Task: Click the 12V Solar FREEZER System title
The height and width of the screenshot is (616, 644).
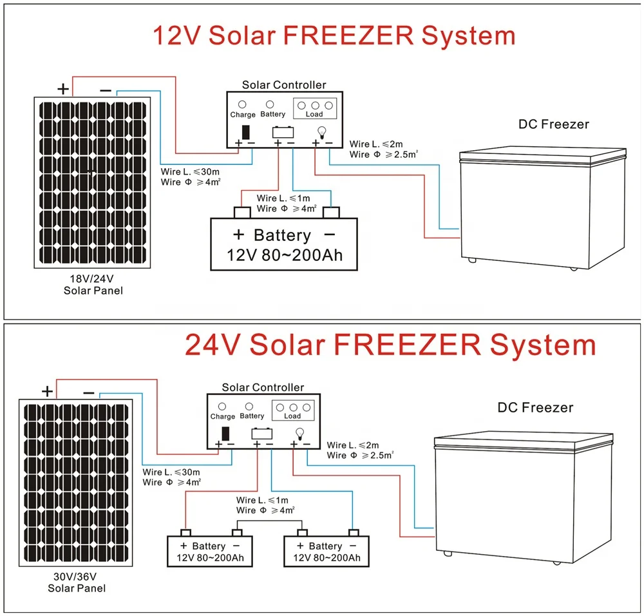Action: point(334,35)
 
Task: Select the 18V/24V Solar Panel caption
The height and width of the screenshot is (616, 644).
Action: point(93,285)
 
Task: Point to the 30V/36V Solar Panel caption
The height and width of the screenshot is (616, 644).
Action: point(77,582)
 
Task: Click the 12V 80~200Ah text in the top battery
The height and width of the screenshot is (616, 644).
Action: point(284,255)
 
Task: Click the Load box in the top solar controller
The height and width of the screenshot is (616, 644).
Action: point(315,108)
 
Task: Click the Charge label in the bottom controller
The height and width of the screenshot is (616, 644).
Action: point(223,416)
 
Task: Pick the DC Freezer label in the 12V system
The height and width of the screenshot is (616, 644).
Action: point(554,124)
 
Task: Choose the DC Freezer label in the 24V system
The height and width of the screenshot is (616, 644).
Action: point(535,407)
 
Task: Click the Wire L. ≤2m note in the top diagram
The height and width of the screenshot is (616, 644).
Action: point(376,144)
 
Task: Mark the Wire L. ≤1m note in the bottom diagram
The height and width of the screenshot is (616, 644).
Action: point(263,500)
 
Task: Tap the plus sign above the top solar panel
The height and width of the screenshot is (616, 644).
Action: point(63,89)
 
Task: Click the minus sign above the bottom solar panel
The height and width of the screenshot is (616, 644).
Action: point(88,392)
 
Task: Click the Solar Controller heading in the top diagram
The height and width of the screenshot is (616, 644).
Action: point(284,84)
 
